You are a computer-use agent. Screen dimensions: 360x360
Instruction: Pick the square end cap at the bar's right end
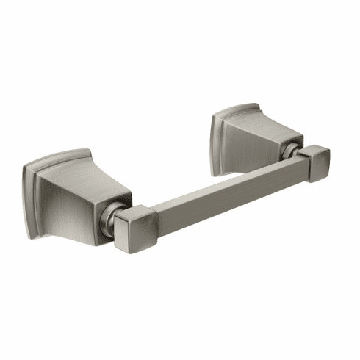(314, 163)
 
